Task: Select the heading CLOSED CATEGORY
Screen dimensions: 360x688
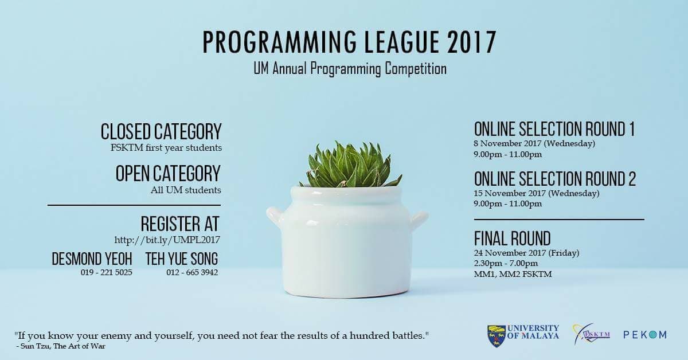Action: (x=161, y=131)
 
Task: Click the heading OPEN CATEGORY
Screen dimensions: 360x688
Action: (x=168, y=173)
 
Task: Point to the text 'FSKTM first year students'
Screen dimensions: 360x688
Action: (x=166, y=148)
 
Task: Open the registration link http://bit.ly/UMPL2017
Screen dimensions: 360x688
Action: (x=167, y=239)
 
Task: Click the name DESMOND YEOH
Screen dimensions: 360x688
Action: (x=92, y=259)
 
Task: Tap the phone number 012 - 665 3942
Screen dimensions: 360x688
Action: (x=192, y=272)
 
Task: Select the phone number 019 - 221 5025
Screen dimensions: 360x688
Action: (x=107, y=272)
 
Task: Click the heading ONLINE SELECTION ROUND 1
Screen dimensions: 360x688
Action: (x=554, y=129)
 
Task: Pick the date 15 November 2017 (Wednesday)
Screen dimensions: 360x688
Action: (x=537, y=193)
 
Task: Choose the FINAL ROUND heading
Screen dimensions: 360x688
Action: (x=512, y=238)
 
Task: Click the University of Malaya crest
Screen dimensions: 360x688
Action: (x=497, y=335)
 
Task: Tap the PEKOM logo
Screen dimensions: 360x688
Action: (x=645, y=335)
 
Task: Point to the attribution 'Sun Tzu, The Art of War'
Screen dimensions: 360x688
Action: (x=64, y=346)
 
